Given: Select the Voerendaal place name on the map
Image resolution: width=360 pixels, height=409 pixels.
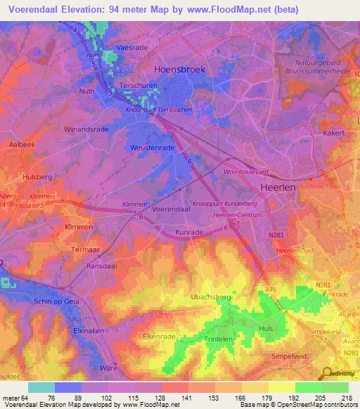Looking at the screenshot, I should (x=172, y=209).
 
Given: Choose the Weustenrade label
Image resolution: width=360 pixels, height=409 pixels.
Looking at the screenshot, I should (x=152, y=148).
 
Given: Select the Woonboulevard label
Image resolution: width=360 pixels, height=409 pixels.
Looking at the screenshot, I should (x=245, y=171).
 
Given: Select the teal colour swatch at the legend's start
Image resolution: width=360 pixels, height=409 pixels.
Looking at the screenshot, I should (x=41, y=387).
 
